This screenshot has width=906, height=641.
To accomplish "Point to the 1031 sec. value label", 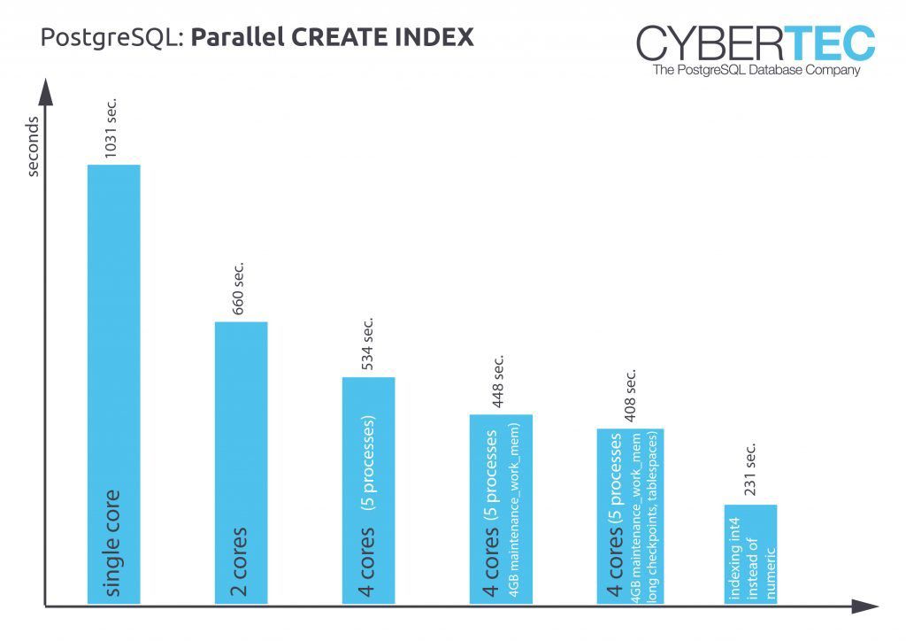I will (111, 127).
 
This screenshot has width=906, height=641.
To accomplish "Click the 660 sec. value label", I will (238, 287).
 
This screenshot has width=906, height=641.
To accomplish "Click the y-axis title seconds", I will (34, 146).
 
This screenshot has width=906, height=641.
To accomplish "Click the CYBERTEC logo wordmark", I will (755, 44).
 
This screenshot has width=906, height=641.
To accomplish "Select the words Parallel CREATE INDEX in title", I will (333, 37).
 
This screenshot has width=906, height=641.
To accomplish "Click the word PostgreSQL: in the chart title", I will (113, 38).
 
